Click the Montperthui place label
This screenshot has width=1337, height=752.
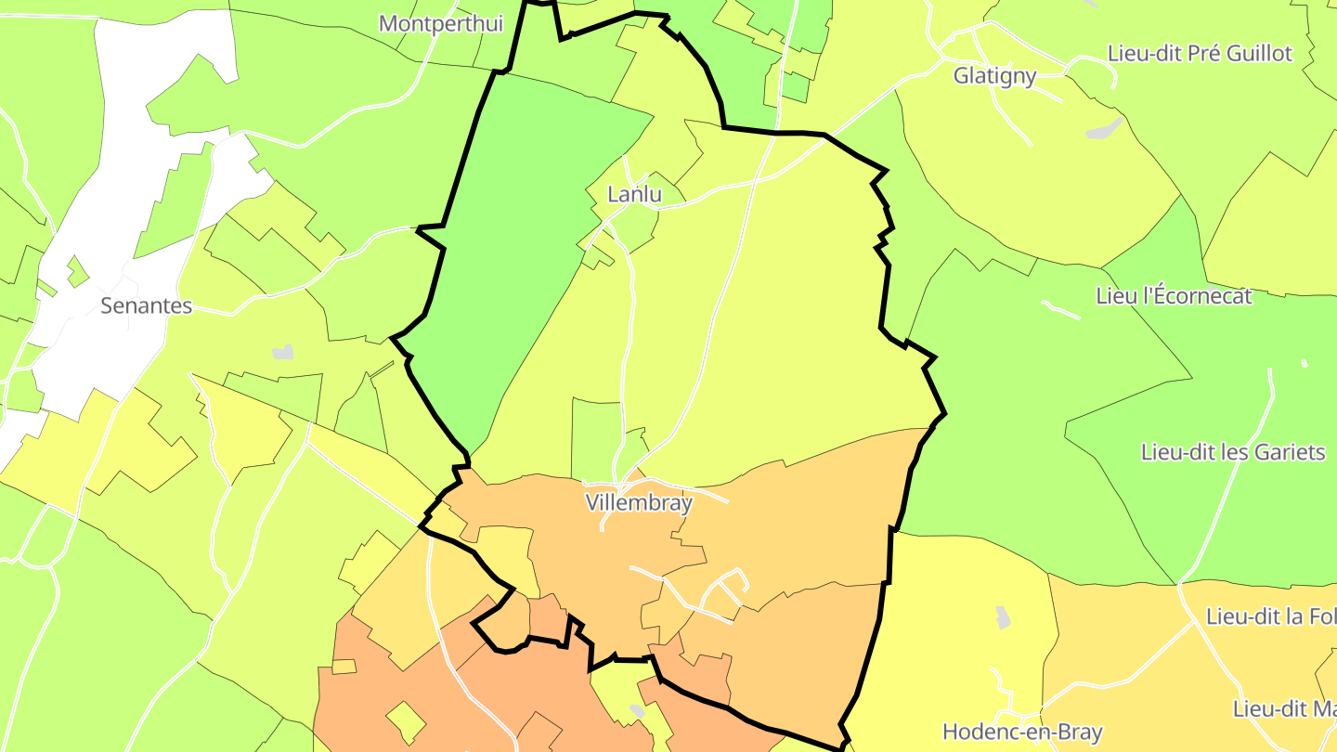click(x=441, y=23)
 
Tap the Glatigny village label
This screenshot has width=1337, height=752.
click(x=994, y=76)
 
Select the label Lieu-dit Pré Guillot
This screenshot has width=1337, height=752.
click(x=1200, y=53)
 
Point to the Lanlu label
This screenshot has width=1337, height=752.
click(x=634, y=195)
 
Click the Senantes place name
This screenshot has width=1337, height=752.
click(x=146, y=305)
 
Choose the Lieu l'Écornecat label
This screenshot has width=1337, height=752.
click(x=1174, y=296)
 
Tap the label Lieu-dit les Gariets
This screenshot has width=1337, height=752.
click(x=1232, y=452)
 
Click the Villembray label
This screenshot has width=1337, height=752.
click(x=639, y=502)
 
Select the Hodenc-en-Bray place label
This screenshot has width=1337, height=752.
click(x=1022, y=732)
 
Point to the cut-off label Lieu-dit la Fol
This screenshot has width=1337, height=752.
click(x=1270, y=616)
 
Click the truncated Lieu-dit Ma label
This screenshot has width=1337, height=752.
click(x=1284, y=709)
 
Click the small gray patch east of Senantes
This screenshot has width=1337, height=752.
click(x=282, y=352)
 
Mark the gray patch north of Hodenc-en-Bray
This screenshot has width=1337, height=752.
click(x=1002, y=616)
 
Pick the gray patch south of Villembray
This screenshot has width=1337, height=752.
click(x=636, y=711)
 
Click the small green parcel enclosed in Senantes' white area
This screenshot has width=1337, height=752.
click(x=77, y=271)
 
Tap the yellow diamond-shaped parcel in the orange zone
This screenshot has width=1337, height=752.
click(x=406, y=721)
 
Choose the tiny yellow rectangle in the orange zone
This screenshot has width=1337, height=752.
click(x=344, y=667)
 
